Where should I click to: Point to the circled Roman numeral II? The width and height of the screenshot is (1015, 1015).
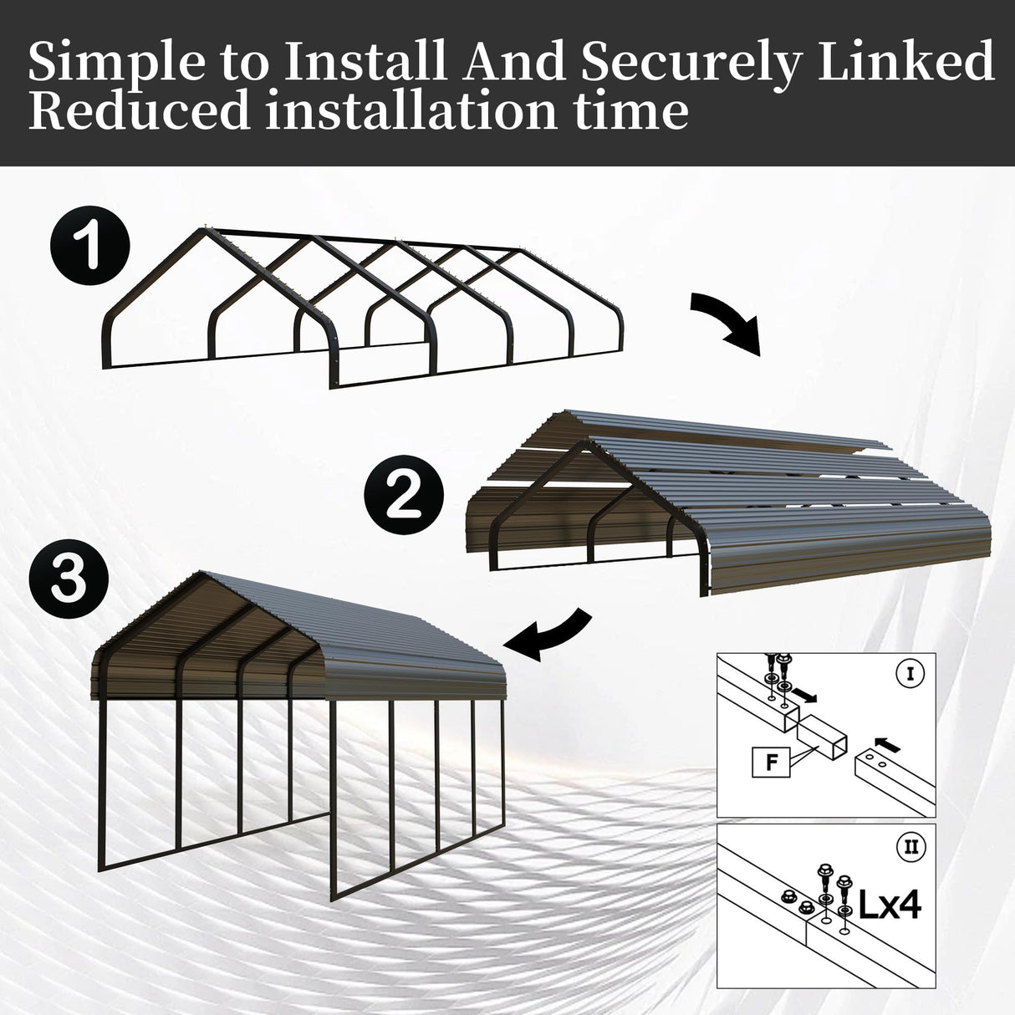pos(910,848)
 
